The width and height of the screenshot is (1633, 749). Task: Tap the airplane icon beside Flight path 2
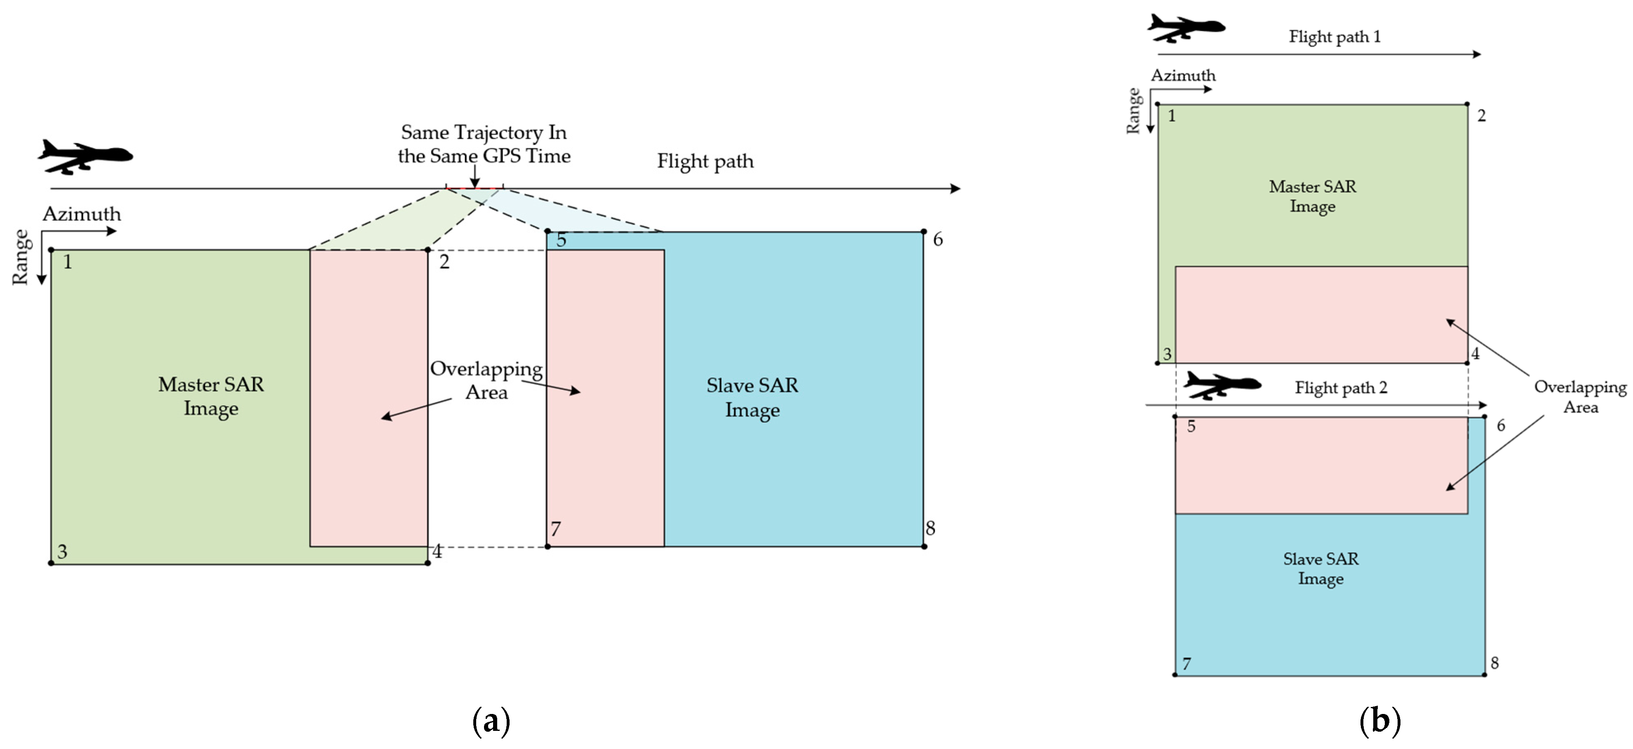1221,385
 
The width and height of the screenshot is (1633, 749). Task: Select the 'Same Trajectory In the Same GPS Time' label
484,144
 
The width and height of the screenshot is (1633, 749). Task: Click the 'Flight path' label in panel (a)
705,161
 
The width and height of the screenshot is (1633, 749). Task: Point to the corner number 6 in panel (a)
938,239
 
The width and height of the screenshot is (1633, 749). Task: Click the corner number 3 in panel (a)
62,551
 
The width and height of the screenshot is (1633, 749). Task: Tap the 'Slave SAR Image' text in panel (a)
752,397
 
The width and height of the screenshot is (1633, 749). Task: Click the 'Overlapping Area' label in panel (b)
1580,397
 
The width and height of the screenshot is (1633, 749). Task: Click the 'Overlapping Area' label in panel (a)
486,380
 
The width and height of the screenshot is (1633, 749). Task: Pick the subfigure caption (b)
1379,721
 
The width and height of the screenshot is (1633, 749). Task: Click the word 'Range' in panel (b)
1133,112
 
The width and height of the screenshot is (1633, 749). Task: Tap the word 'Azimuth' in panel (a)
82,214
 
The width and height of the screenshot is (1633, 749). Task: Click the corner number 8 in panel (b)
1494,663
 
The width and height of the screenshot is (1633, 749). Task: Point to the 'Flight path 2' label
1341,387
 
